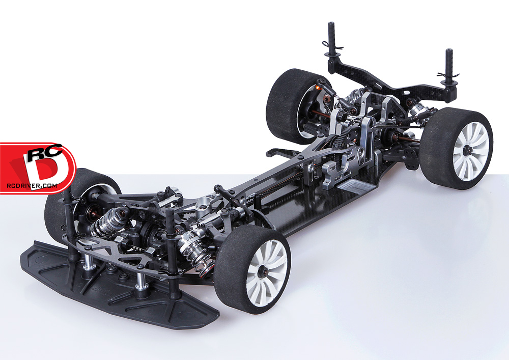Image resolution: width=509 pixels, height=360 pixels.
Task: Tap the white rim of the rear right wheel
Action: click(470, 151)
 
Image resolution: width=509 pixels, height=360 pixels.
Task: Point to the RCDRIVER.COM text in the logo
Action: click(32, 186)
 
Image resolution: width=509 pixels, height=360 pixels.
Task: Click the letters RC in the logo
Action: click(44, 152)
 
